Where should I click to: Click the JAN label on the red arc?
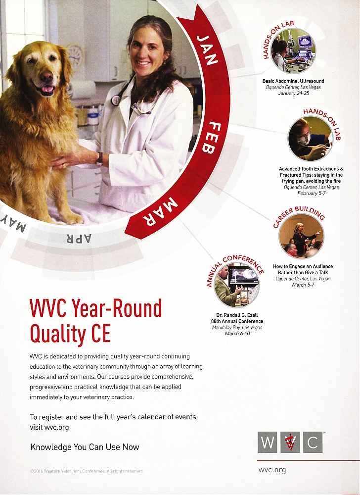click(x=207, y=50)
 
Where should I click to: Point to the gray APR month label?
click(x=78, y=239)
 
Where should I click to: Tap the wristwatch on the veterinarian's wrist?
click(x=99, y=159)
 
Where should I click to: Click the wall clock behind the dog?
click(x=75, y=56)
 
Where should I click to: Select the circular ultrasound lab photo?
click(x=293, y=50)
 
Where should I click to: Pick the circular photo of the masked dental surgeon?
click(x=310, y=139)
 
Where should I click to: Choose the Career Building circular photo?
click(x=301, y=236)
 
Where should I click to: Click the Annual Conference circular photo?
click(x=237, y=285)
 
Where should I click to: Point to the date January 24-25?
click(x=293, y=94)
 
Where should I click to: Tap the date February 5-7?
click(x=312, y=193)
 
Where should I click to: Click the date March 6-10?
click(x=237, y=333)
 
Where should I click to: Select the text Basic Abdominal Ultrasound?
click(x=293, y=81)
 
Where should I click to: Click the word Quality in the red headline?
click(x=58, y=334)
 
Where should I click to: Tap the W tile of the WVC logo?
click(x=268, y=442)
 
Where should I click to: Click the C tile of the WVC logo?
click(x=313, y=442)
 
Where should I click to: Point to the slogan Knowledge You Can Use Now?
click(x=85, y=447)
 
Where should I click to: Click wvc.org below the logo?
click(x=272, y=470)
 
